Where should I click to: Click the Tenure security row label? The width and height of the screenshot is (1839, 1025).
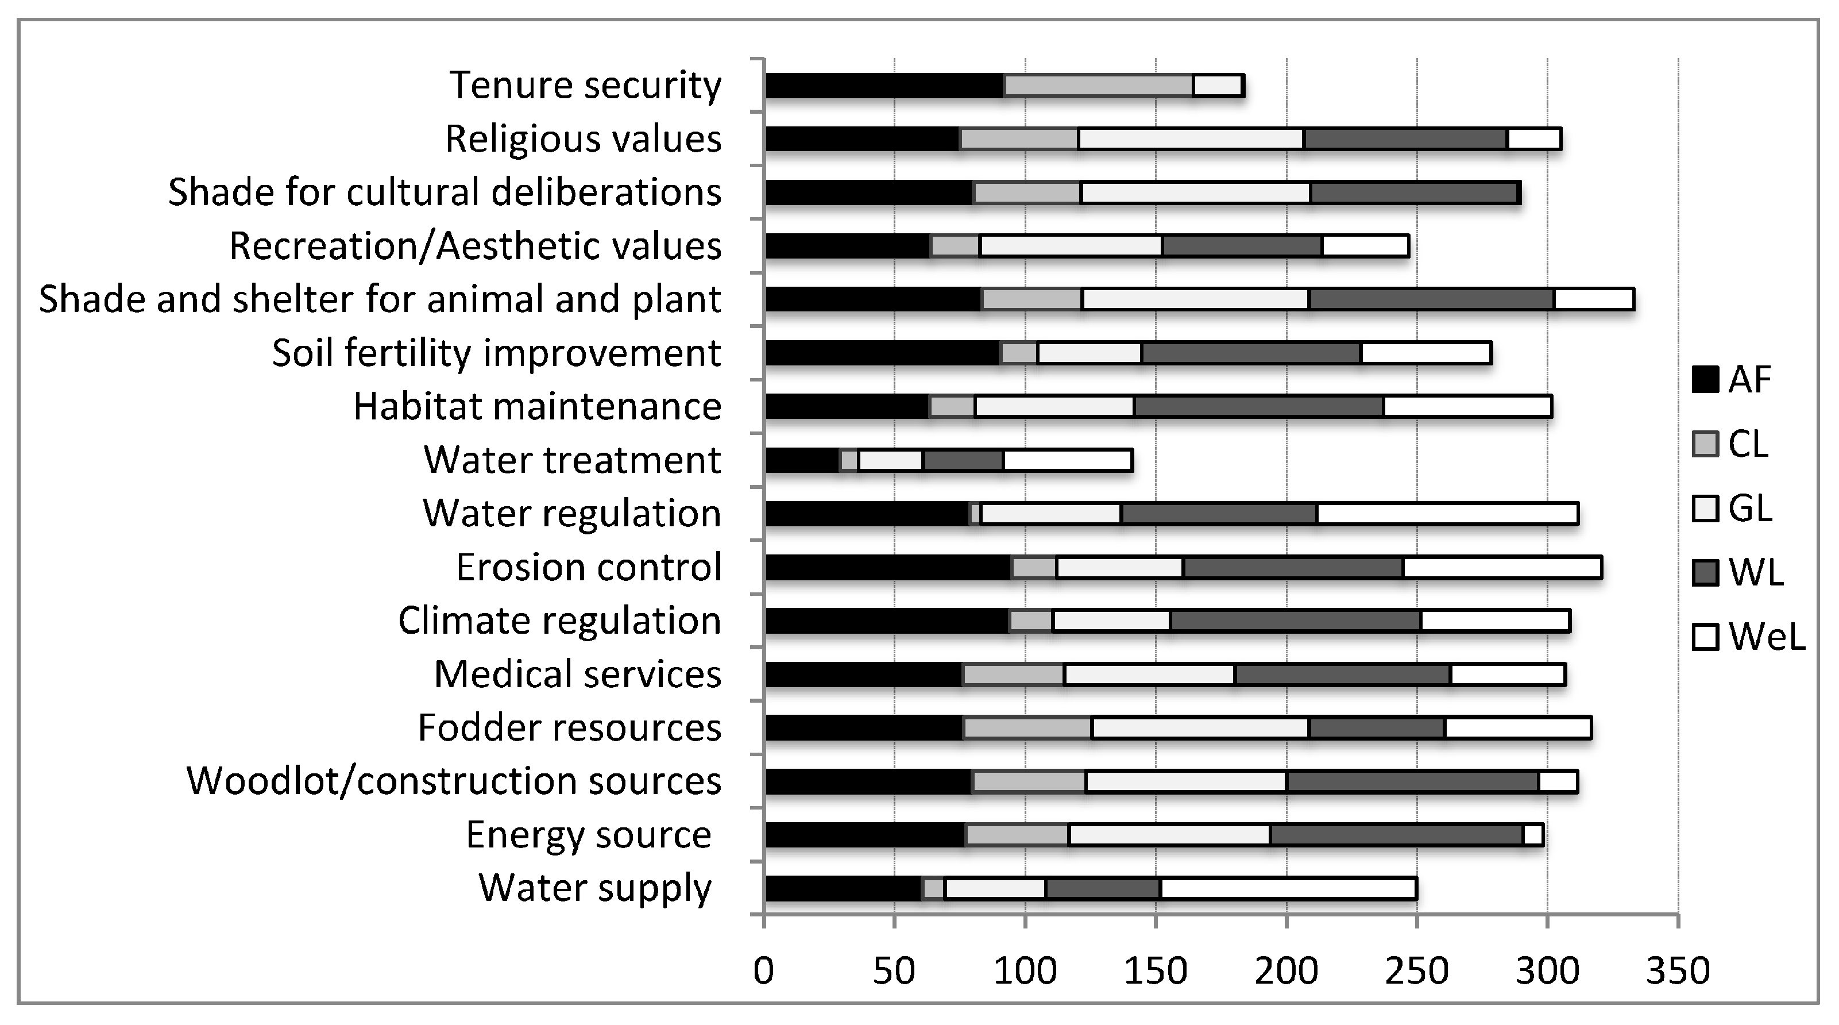585,86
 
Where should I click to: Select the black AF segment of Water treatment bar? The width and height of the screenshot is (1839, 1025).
802,461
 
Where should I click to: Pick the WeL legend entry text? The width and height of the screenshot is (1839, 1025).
1766,637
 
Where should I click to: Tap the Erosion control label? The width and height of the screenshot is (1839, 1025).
588,568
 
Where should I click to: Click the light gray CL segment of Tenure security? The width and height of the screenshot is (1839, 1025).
1098,86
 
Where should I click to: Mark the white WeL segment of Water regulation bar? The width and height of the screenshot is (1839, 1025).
1447,514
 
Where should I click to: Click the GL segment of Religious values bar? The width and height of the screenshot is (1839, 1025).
1191,139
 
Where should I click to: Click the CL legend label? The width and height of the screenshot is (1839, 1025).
1748,444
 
